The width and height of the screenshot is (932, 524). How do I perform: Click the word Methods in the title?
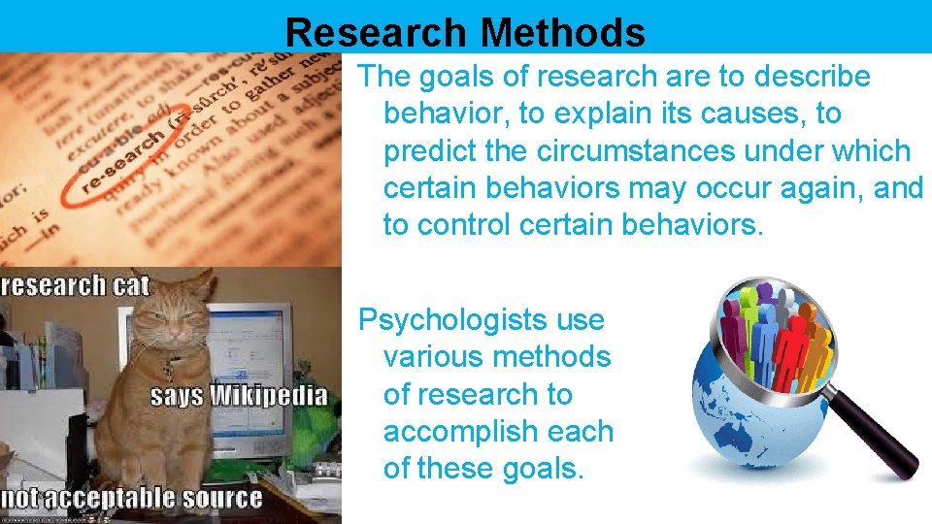click(x=562, y=32)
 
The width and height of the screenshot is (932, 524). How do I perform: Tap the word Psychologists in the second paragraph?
click(x=482, y=320)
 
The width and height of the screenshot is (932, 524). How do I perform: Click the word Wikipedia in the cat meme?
click(x=268, y=396)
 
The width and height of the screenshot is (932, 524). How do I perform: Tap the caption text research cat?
click(x=76, y=285)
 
